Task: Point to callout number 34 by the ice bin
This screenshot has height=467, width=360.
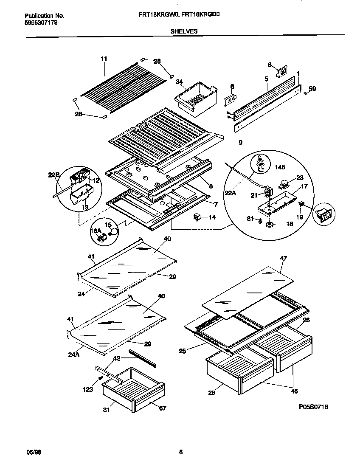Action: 180,82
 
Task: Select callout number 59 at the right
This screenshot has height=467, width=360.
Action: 312,89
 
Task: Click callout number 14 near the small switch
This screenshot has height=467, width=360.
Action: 212,217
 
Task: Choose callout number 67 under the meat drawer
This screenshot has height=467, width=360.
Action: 162,408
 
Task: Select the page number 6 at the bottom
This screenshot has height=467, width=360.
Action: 180,452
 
